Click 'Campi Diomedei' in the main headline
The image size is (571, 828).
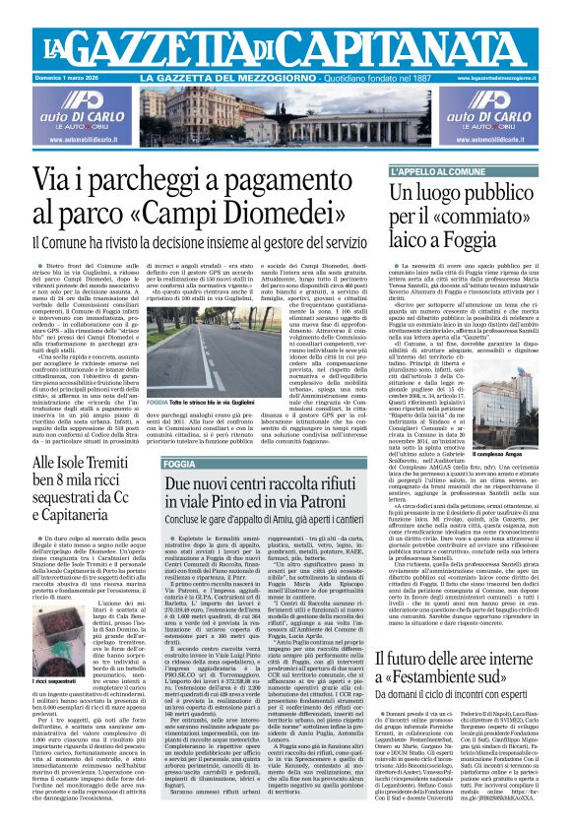click(x=245, y=211)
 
